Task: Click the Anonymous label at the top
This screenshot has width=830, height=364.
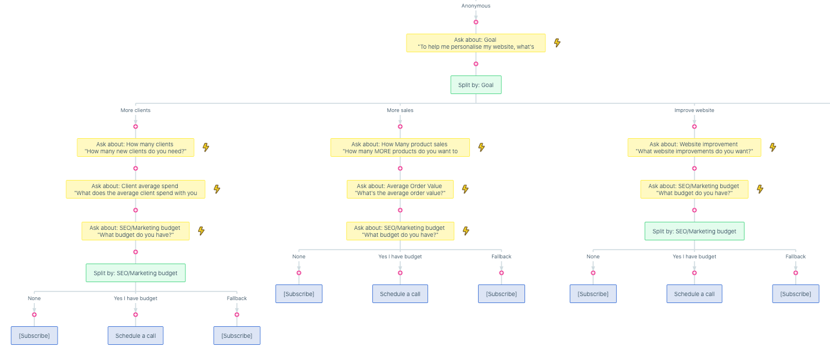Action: click(476, 6)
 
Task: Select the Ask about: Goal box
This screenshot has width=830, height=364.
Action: click(476, 43)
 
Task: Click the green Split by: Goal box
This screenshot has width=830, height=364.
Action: click(476, 85)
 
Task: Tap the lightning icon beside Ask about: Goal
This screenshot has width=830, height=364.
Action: click(557, 43)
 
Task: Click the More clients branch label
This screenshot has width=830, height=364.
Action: click(135, 110)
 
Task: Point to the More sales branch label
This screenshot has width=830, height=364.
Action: click(400, 110)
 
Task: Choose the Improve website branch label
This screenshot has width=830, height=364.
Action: click(694, 110)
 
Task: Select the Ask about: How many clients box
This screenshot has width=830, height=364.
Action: click(135, 147)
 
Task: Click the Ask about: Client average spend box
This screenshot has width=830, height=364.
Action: click(135, 189)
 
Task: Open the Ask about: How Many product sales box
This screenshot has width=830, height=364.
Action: click(400, 147)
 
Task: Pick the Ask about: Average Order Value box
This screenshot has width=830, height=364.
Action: click(400, 189)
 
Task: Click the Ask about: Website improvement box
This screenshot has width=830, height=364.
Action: click(694, 147)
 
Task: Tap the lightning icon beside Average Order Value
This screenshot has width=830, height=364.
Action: click(465, 189)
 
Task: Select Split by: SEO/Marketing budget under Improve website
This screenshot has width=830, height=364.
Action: click(694, 231)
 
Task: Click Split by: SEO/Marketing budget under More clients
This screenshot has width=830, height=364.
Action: click(135, 273)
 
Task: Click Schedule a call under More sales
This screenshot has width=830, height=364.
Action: click(400, 294)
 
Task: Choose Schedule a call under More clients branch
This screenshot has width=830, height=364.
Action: click(135, 336)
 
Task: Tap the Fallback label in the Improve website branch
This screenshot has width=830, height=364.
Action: click(795, 257)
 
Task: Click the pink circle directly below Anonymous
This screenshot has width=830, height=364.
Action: click(476, 22)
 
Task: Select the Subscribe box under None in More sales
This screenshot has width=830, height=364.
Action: click(299, 294)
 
